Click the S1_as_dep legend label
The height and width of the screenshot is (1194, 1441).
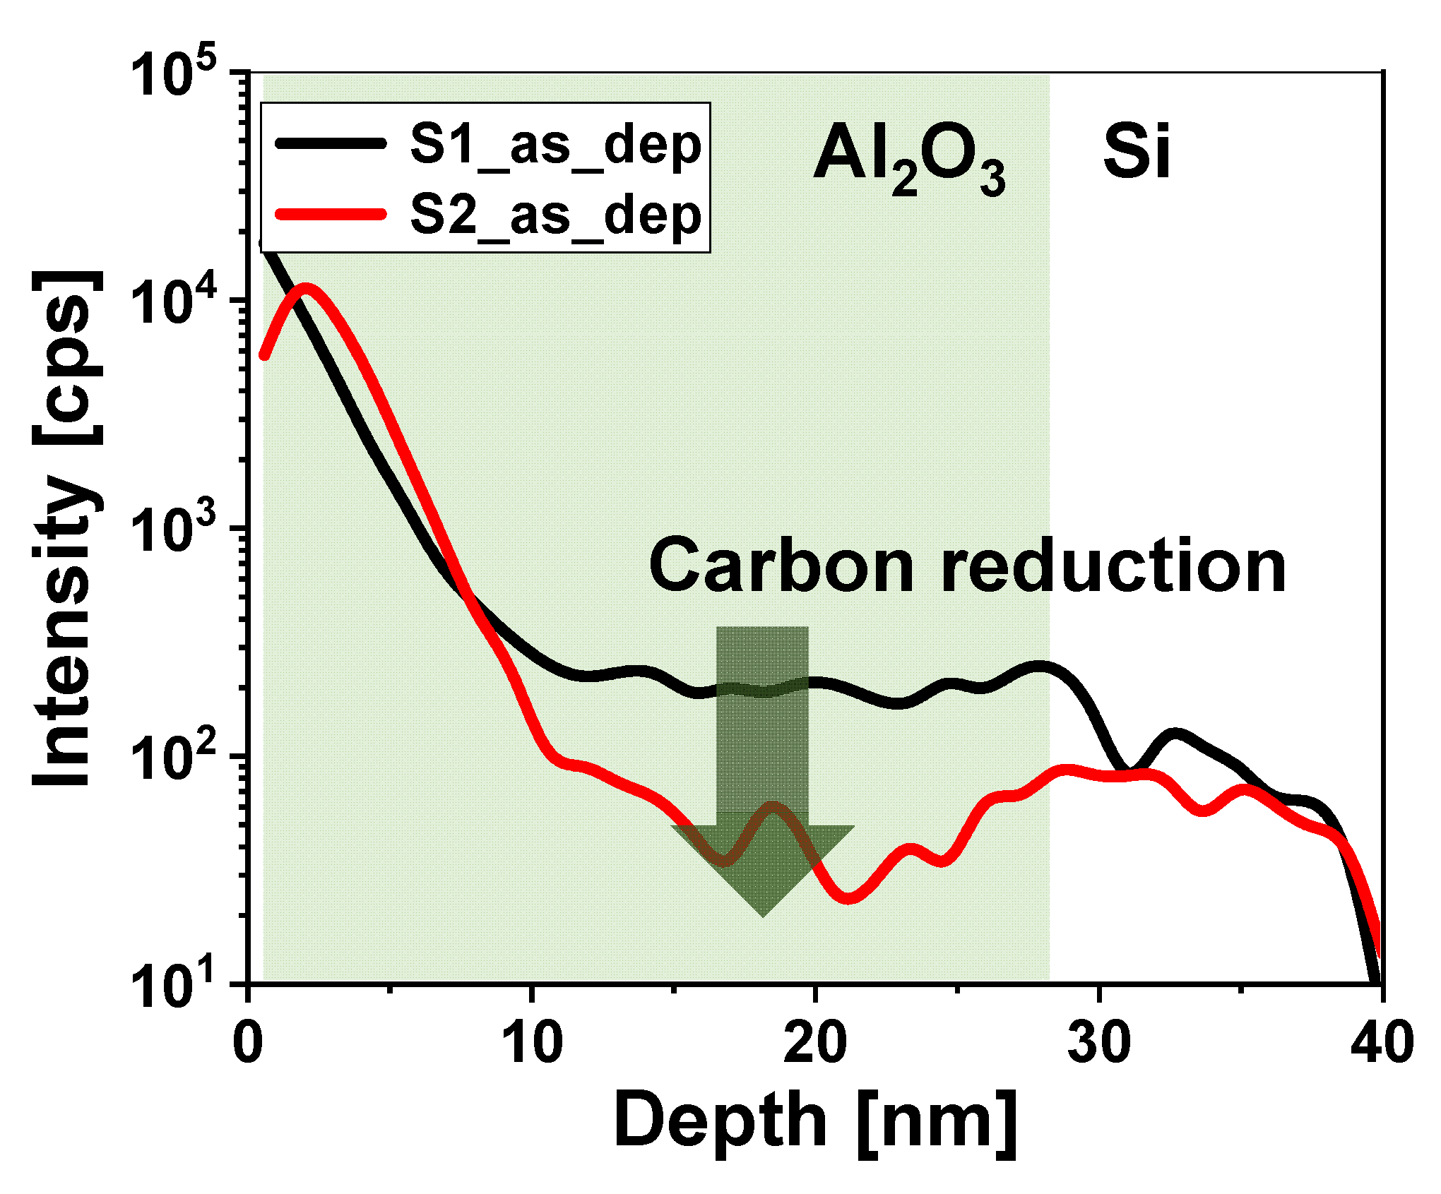point(555,146)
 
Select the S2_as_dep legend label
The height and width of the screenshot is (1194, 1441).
point(555,216)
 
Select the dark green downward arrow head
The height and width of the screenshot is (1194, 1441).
point(763,868)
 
